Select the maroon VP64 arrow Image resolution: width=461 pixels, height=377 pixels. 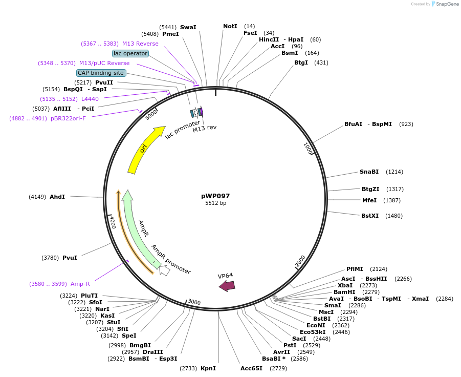click(x=227, y=286)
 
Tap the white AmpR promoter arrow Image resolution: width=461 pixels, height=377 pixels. click(x=164, y=270)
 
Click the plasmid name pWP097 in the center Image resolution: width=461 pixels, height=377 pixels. click(x=215, y=196)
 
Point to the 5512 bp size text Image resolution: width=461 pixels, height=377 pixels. click(x=215, y=203)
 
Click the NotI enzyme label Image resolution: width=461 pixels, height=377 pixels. click(x=230, y=26)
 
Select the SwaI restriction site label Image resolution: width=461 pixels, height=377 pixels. click(x=188, y=27)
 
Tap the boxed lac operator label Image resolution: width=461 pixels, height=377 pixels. click(x=130, y=53)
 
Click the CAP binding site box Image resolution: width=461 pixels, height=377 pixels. click(x=101, y=73)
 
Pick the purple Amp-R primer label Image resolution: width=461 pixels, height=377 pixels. click(x=80, y=284)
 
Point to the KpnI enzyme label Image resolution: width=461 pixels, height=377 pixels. click(x=208, y=368)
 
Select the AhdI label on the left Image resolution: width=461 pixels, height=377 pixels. click(x=57, y=197)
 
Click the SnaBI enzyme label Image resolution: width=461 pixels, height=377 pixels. click(x=369, y=172)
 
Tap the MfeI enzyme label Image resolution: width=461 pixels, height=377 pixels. click(x=369, y=200)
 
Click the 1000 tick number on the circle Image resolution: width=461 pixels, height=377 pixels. click(x=308, y=149)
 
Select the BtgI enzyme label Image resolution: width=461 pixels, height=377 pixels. click(x=301, y=62)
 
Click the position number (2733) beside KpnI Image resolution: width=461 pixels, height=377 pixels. click(x=188, y=368)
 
